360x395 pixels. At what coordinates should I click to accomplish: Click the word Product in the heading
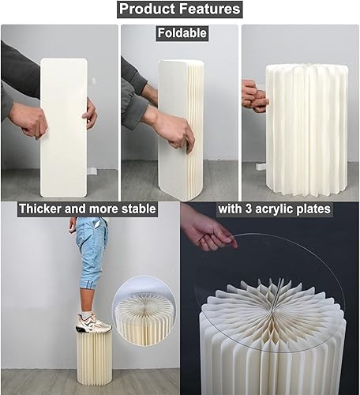pos(151,10)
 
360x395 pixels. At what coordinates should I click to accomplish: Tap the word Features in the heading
pos(208,10)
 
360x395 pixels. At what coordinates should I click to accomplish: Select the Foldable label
pos(181,34)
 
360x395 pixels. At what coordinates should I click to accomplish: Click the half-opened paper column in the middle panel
pos(180,126)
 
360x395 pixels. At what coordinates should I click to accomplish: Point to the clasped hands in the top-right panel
pos(254,95)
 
